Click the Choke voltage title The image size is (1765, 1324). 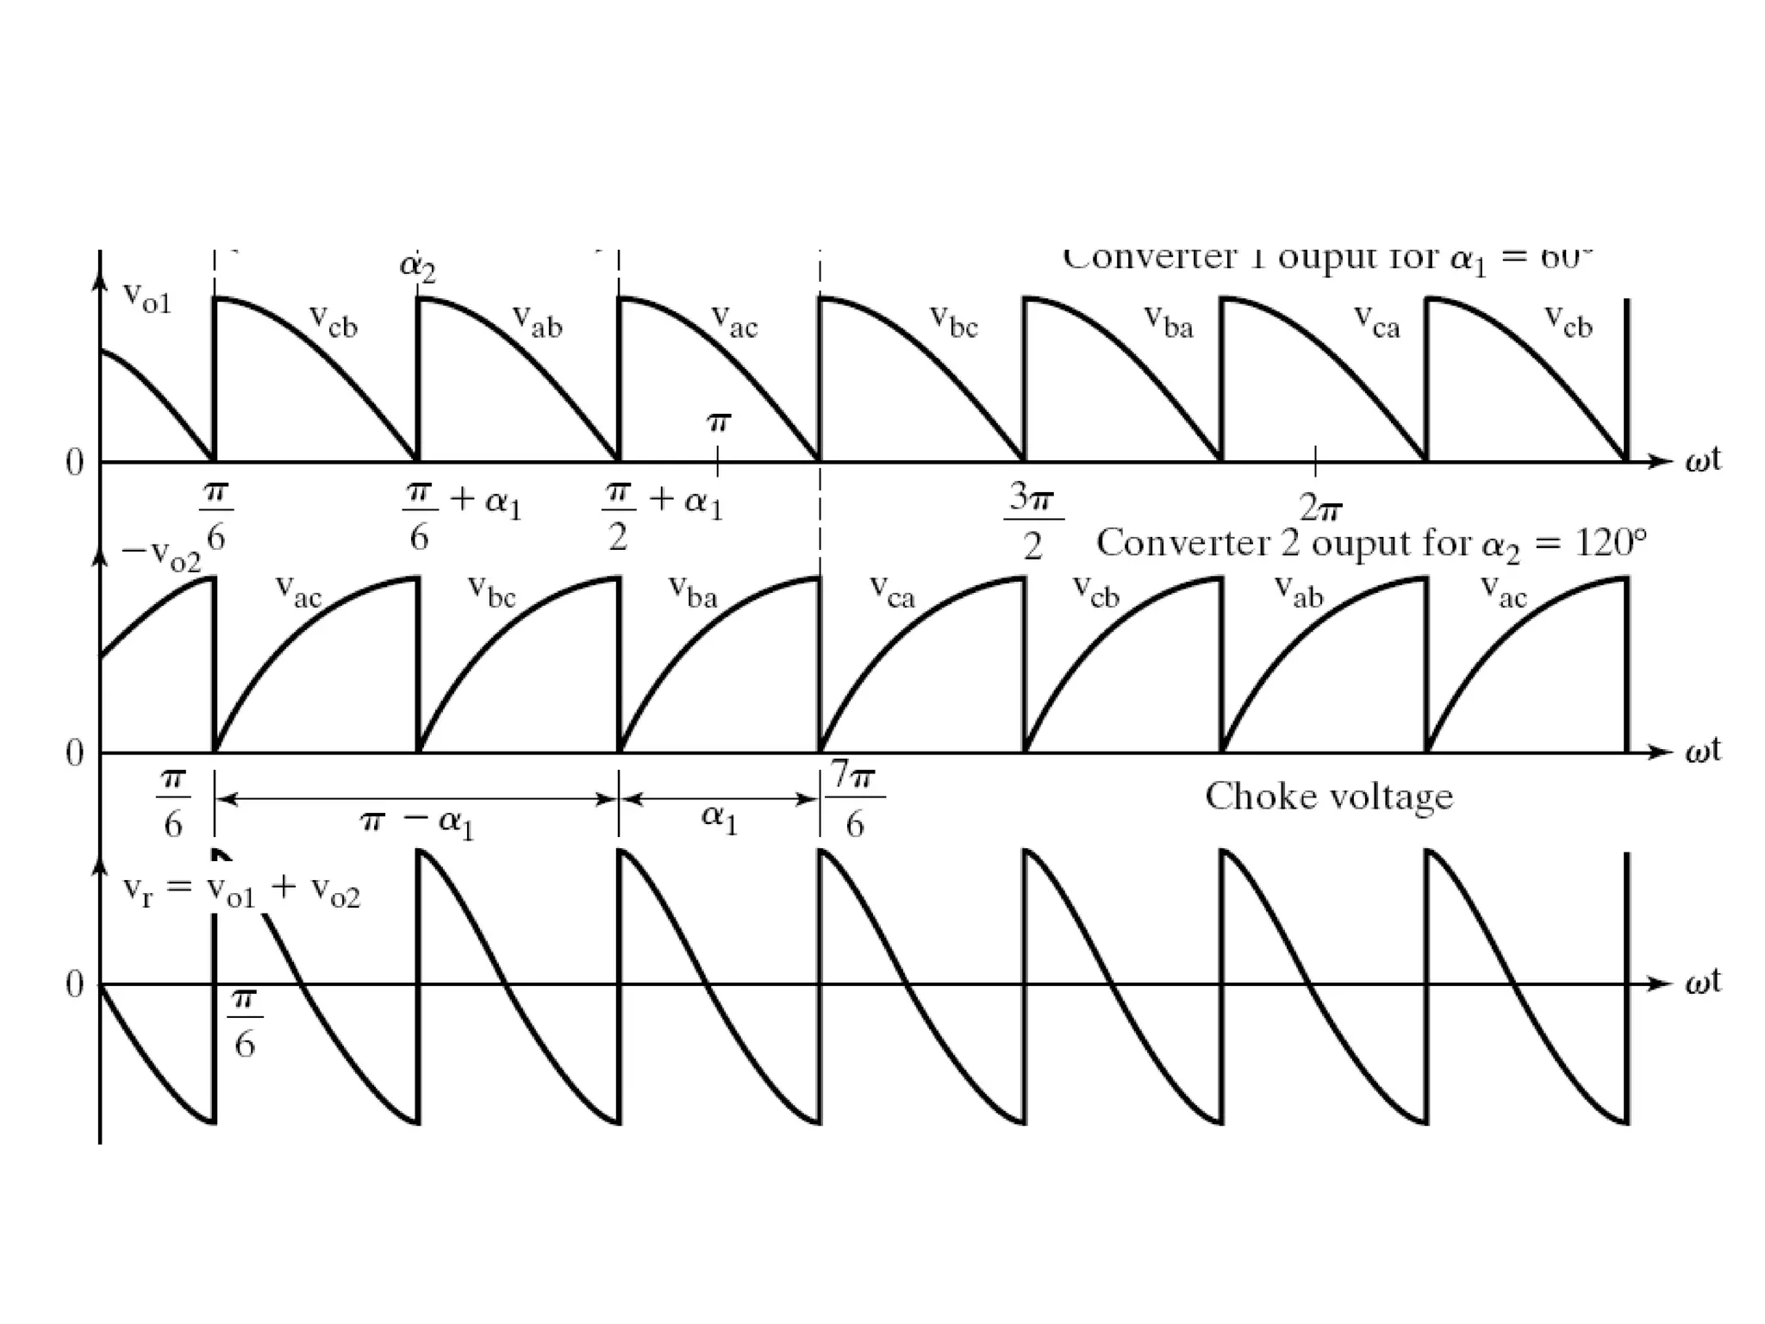tap(1328, 797)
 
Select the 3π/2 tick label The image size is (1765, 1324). tap(1032, 521)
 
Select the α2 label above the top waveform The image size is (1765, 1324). tap(418, 266)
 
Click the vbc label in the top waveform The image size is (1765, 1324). tap(954, 321)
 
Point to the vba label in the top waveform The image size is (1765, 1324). tap(1169, 321)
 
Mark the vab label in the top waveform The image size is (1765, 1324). tap(537, 321)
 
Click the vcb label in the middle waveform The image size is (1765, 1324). tap(1095, 591)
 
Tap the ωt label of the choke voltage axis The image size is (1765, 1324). tap(1703, 982)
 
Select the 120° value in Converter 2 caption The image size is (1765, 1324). tap(1611, 543)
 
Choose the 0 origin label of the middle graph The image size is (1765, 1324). tap(75, 753)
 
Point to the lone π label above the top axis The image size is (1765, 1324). tap(719, 422)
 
